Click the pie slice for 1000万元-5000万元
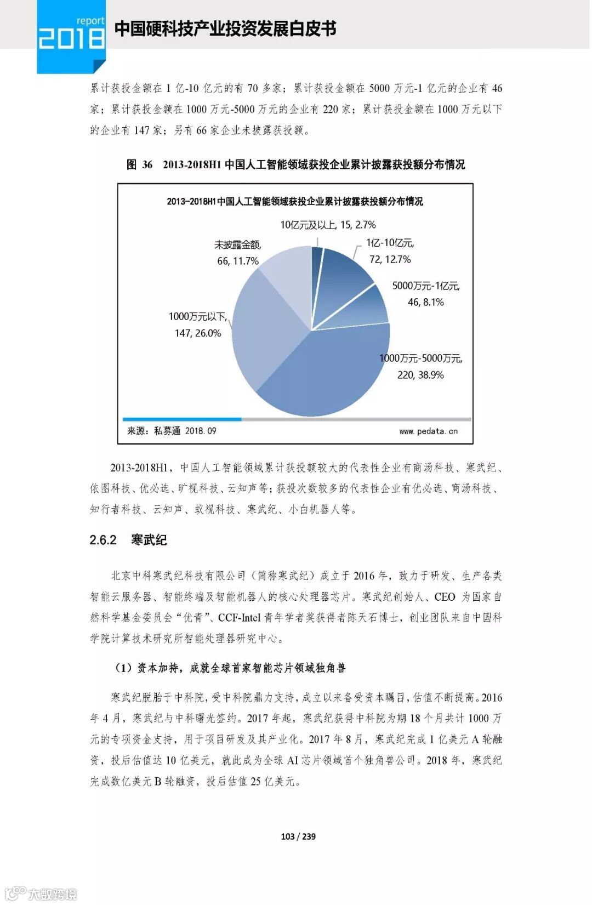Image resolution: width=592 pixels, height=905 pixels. tap(329, 373)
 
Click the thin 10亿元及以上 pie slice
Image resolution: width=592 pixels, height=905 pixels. tap(317, 258)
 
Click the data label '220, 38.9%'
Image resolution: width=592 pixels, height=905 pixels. tap(420, 375)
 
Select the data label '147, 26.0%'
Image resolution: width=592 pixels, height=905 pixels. tap(197, 333)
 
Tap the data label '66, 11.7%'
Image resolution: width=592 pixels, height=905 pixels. tap(237, 261)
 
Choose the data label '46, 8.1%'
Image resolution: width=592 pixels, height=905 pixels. tap(425, 302)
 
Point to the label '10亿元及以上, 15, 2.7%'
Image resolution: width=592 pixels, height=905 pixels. tap(328, 225)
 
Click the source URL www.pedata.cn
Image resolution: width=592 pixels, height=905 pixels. tap(428, 431)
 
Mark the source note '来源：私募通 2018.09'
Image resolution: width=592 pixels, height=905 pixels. tap(172, 431)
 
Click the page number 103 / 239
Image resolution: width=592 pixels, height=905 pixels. tap(298, 836)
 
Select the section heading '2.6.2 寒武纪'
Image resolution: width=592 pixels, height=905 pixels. tap(128, 540)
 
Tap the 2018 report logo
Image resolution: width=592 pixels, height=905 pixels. tap(71, 36)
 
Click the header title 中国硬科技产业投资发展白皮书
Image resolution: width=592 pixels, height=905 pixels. tap(225, 29)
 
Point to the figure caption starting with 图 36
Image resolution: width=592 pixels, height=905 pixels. tap(295, 164)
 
